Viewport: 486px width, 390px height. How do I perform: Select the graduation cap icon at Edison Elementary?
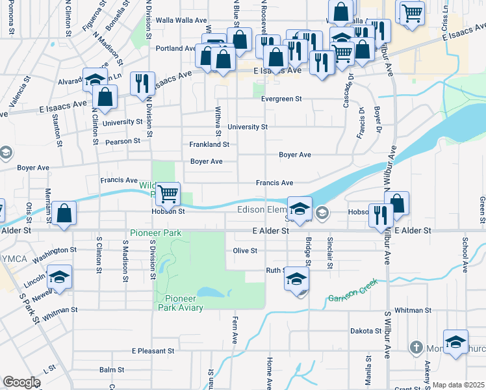(x=300, y=208)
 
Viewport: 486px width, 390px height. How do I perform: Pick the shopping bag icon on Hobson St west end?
(x=64, y=213)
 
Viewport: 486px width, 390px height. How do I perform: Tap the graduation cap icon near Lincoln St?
(x=59, y=277)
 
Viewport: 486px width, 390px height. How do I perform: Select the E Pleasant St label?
(x=153, y=351)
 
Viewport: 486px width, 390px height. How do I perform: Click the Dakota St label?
(x=366, y=331)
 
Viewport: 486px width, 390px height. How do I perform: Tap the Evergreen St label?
(x=282, y=99)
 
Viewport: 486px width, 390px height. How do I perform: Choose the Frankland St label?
(x=209, y=144)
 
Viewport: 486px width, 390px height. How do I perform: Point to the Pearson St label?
(x=123, y=141)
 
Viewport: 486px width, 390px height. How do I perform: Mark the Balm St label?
(x=112, y=370)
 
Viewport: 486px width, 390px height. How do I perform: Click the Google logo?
(x=21, y=382)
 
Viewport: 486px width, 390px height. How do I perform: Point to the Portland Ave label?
(x=175, y=48)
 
